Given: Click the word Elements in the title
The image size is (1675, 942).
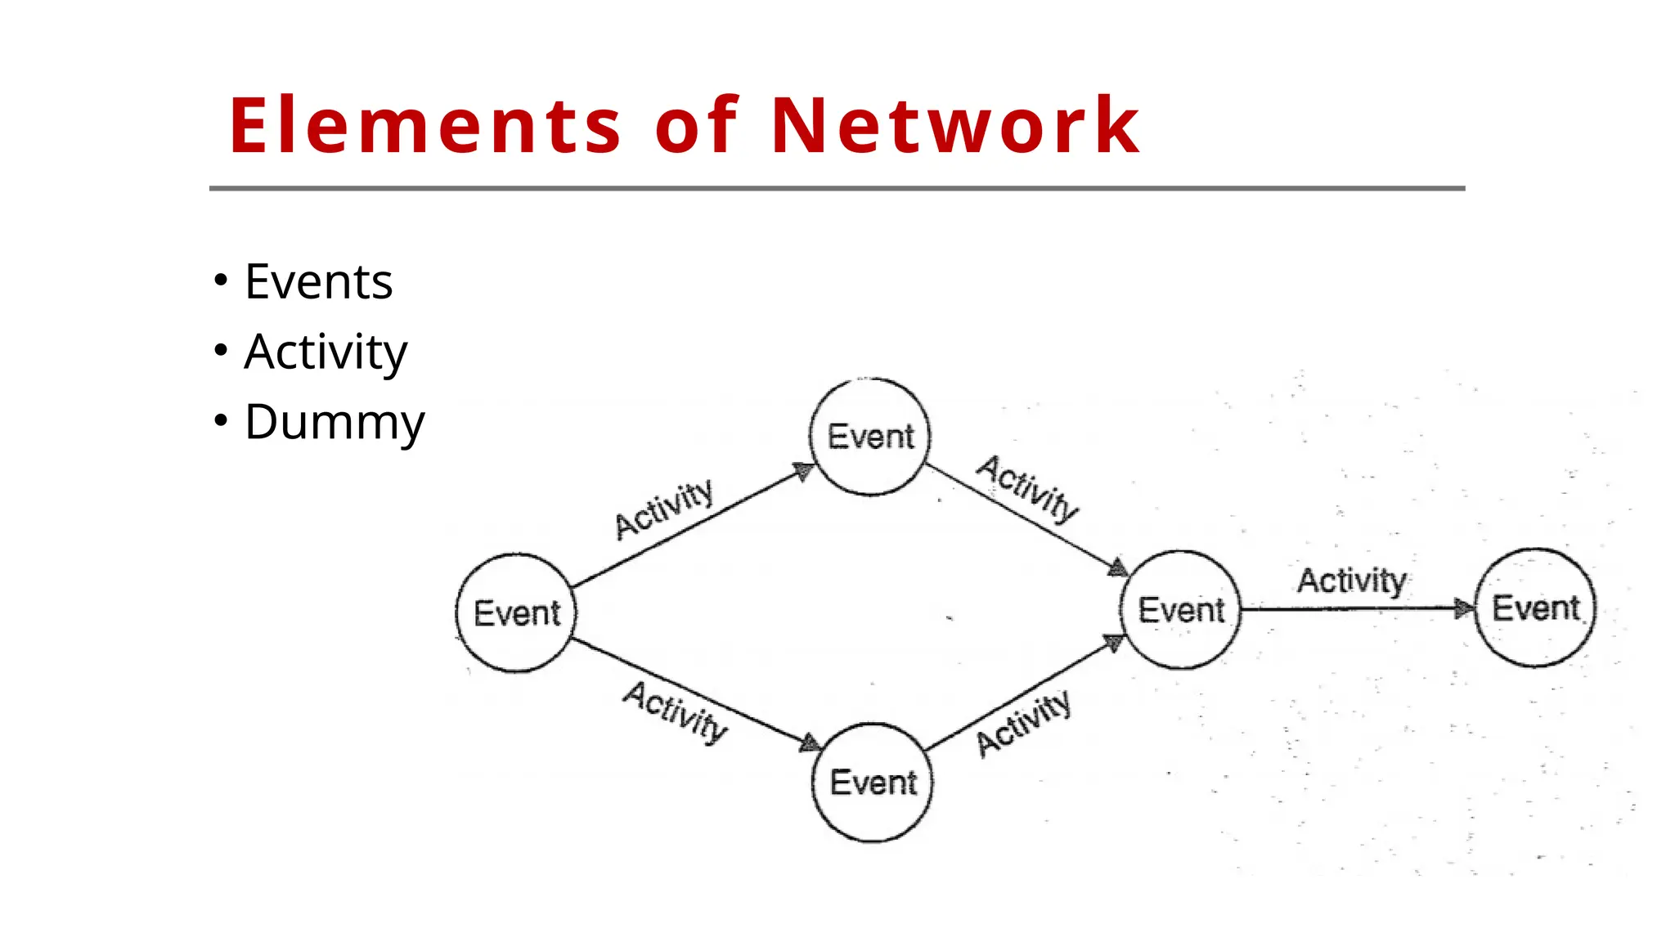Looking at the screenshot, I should [x=425, y=126].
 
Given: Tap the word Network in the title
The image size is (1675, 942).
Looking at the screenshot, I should [x=954, y=126].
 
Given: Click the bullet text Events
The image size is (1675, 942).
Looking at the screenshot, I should [x=318, y=282].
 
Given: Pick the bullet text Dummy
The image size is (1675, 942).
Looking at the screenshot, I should [x=334, y=423].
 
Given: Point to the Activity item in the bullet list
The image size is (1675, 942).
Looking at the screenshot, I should [x=325, y=352].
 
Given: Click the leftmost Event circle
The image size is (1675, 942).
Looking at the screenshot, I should [x=516, y=613].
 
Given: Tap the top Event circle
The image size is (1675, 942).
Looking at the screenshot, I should [x=870, y=437].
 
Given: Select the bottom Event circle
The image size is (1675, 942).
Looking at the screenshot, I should [x=873, y=783].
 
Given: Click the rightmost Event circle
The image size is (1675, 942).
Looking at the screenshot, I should [x=1535, y=608].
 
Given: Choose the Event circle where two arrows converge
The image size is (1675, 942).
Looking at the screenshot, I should [x=1181, y=610].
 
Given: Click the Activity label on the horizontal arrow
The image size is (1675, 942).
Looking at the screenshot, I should [x=1351, y=581].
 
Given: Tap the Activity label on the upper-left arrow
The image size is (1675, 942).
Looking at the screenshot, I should [x=664, y=509].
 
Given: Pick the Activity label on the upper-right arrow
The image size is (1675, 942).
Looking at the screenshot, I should [x=1028, y=489].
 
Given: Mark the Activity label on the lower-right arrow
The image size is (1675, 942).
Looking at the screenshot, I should [x=1023, y=723].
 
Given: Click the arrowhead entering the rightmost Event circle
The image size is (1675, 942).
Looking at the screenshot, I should [x=1462, y=608].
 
